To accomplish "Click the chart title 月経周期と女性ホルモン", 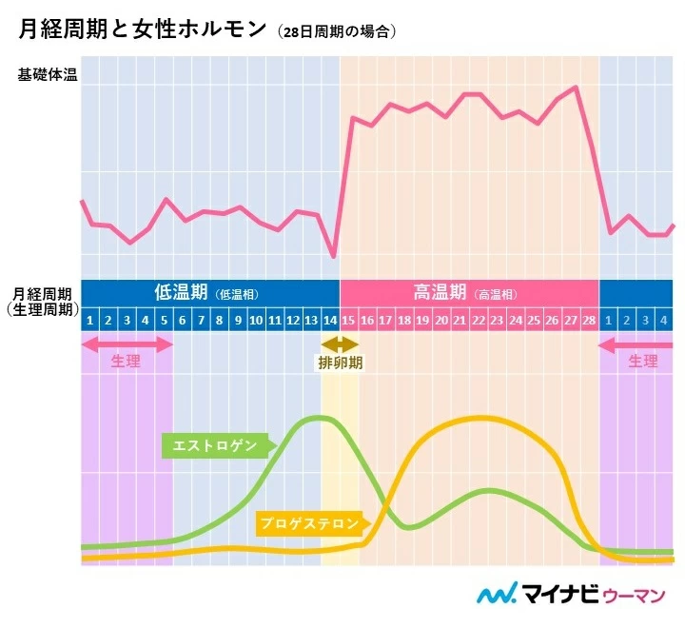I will (x=143, y=29).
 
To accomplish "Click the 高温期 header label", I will (x=440, y=293).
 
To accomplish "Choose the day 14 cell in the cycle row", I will (x=330, y=320).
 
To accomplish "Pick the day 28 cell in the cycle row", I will (x=589, y=320).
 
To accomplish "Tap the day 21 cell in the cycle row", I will (x=460, y=320).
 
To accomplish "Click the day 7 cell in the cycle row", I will (x=201, y=320).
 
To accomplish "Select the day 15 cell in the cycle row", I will (x=349, y=320).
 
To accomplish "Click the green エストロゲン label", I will (x=215, y=444).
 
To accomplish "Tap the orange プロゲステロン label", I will (x=309, y=522).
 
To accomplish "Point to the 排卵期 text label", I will (x=340, y=363).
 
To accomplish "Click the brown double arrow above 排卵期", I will (x=340, y=343).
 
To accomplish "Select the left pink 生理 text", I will (x=126, y=362).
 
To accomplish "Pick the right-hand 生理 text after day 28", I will (x=643, y=362).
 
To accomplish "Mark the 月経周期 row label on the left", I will (x=41, y=293).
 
